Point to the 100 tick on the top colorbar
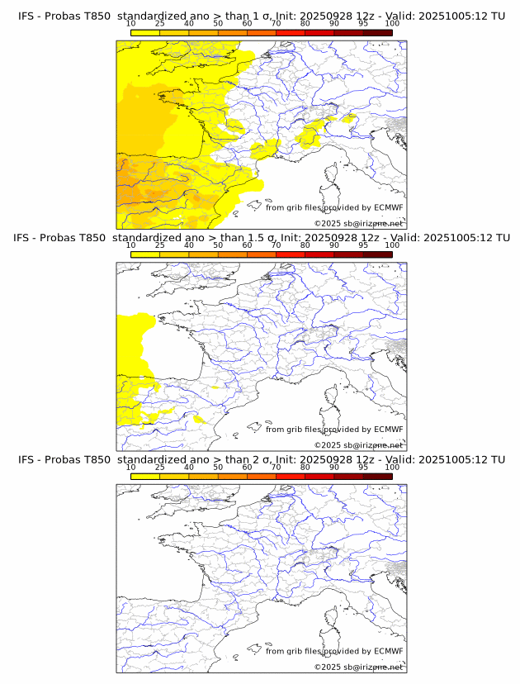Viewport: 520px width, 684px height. click(x=392, y=24)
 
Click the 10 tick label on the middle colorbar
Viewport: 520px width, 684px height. click(x=131, y=245)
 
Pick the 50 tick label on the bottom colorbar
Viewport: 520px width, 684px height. click(x=218, y=467)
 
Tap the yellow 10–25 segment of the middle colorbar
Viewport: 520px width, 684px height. click(x=145, y=254)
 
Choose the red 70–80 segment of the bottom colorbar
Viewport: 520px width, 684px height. click(x=291, y=476)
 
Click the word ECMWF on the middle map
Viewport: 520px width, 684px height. click(x=388, y=430)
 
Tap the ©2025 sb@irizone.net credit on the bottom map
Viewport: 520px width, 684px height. click(x=358, y=667)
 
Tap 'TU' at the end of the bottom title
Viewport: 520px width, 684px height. click(x=497, y=459)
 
